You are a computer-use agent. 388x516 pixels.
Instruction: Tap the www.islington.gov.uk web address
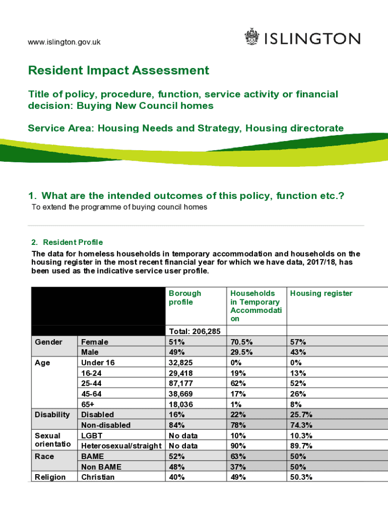64,42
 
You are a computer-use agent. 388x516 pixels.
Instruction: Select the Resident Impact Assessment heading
118,71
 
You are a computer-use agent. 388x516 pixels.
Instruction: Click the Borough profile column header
185,297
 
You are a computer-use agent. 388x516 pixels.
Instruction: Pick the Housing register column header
321,293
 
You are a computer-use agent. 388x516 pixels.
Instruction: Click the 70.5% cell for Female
241,342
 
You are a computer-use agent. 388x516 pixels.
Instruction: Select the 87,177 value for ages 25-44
181,383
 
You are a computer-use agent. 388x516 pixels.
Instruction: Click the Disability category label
52,415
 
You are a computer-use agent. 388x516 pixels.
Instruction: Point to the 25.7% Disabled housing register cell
302,415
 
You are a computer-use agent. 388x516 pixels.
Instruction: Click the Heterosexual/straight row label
121,446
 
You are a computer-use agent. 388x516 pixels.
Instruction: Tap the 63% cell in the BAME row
238,457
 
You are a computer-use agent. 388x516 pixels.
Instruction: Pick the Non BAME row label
101,467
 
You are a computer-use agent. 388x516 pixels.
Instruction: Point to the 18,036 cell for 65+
181,404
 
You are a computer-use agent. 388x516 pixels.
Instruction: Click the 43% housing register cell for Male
298,352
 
